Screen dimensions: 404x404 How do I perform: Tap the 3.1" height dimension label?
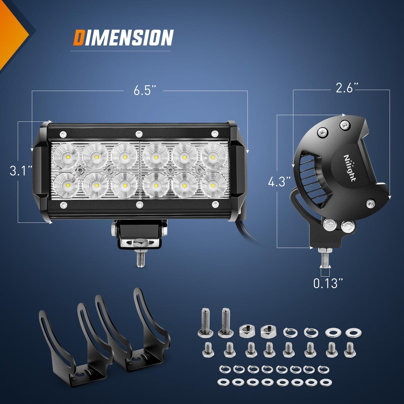pyautogui.click(x=21, y=170)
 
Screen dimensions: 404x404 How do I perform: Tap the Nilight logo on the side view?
pyautogui.click(x=349, y=168)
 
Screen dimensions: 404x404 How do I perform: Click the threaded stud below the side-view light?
pyautogui.click(x=324, y=258)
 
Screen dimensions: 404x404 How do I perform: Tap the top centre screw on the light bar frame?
pyautogui.click(x=139, y=133)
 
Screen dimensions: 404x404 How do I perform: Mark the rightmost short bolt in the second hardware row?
pyautogui.click(x=350, y=350)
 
